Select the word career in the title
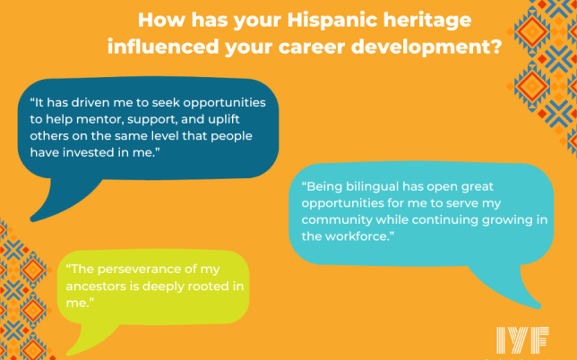[319, 47]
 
